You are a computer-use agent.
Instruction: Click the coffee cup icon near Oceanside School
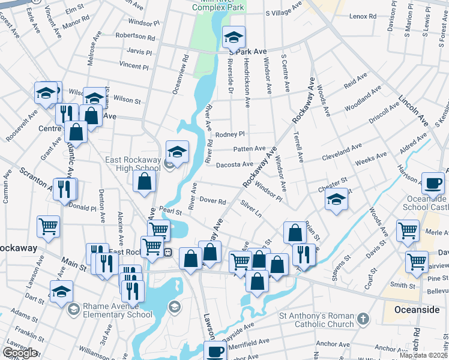(432, 184)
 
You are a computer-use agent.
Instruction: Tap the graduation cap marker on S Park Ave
(234, 38)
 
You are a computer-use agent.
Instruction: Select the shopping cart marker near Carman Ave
(49, 227)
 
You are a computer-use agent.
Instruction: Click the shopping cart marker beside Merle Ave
(408, 230)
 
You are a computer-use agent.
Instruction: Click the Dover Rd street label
(212, 201)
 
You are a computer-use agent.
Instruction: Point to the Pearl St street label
(170, 210)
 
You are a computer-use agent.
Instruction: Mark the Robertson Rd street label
(135, 36)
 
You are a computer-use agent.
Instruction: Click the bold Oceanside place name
(417, 310)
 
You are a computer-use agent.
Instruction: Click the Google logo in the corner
(20, 353)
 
